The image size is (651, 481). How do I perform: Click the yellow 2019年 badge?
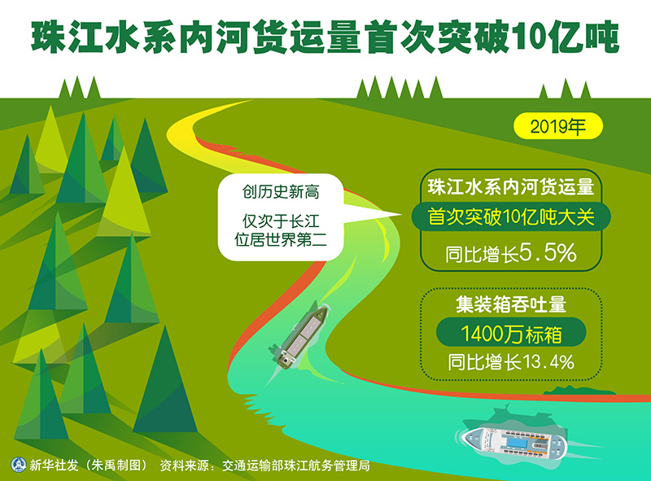pos(558,126)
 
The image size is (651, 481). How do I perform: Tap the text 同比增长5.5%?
pos(511,253)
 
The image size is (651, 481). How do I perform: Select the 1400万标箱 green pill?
pos(511,332)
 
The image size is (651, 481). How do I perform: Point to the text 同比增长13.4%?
pos(511,362)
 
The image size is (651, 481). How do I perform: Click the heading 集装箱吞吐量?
pos(511,304)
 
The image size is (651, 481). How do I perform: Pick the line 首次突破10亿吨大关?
pos(511,216)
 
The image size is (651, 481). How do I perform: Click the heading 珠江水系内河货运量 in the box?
pos(511,186)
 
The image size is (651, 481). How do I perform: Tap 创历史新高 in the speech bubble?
pos(281,192)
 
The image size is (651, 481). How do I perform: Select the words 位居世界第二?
pos(281,239)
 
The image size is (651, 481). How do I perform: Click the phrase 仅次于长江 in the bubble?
pos(281,221)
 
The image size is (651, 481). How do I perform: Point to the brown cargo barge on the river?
pos(298,336)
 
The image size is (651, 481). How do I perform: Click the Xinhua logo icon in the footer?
pos(18,465)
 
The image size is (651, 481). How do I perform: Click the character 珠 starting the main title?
pos(49,37)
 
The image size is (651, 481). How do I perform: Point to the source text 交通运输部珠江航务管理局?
pos(296,466)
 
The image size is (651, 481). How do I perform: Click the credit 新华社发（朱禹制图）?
pos(89,466)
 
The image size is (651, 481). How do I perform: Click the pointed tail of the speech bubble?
pos(400,215)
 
